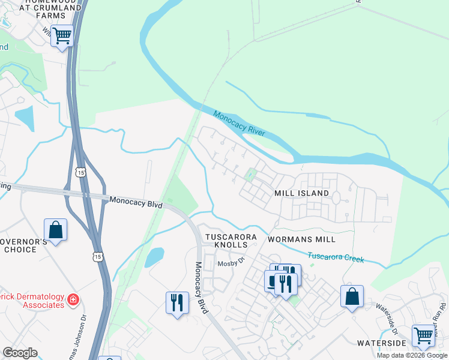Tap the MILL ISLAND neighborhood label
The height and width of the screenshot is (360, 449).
(301, 193)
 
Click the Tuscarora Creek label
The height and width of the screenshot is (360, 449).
(336, 257)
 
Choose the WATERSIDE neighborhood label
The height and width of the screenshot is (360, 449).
(382, 343)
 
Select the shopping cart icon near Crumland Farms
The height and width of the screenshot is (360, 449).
(62, 37)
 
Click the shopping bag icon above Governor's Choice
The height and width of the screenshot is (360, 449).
(55, 230)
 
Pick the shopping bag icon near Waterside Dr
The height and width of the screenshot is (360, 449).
(352, 296)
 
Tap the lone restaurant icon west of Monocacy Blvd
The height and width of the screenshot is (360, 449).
(176, 301)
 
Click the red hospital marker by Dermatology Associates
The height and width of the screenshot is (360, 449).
(73, 298)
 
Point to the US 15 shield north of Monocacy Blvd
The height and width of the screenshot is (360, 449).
(80, 172)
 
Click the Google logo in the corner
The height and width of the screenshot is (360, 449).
(20, 353)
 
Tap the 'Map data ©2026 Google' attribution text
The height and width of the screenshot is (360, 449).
(412, 355)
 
